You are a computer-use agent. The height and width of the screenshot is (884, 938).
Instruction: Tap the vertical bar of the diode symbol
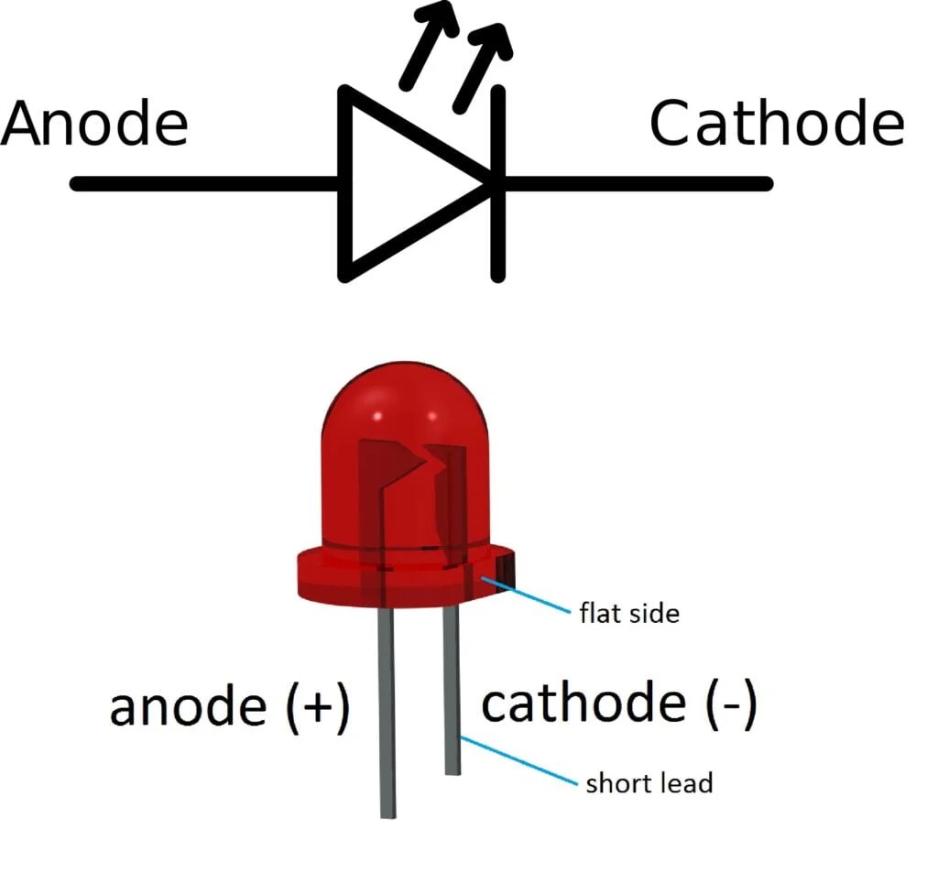(497, 183)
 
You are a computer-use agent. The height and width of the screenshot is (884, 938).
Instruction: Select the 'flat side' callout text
(629, 612)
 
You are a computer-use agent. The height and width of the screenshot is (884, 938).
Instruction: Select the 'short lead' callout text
(649, 783)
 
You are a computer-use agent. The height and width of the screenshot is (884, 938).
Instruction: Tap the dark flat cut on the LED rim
(505, 573)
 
